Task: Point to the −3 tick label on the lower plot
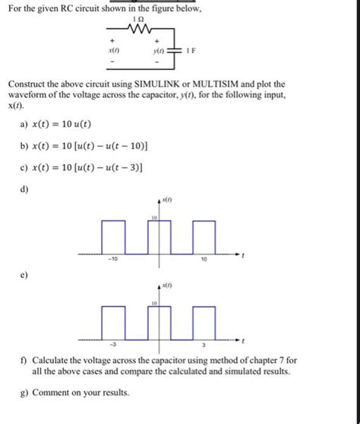point(112,344)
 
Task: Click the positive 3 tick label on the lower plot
point(204,344)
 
